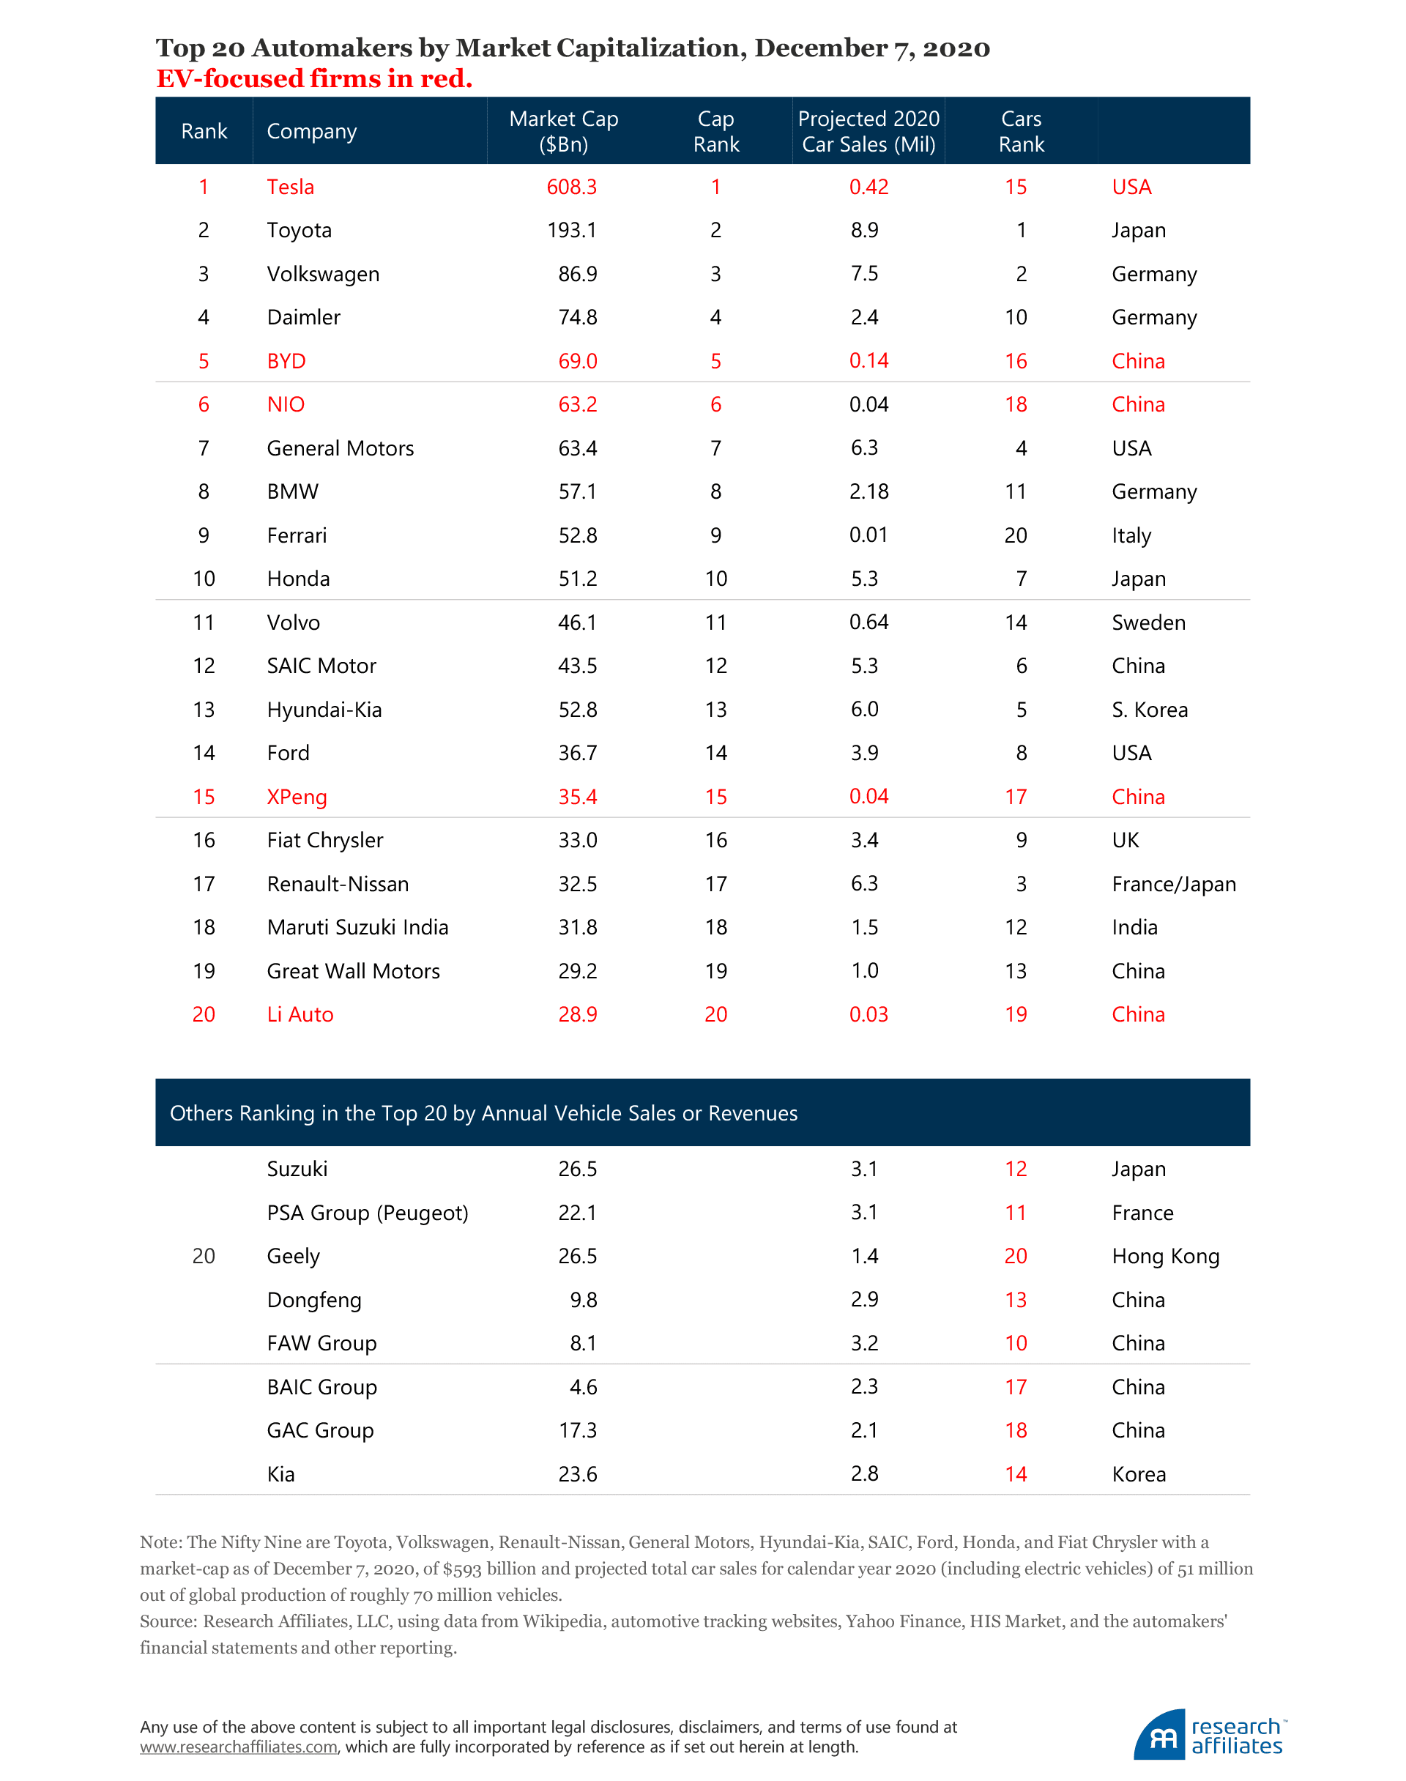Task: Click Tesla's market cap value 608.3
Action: tap(571, 187)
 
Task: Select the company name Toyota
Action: tap(299, 231)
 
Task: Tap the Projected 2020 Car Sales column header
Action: tap(868, 131)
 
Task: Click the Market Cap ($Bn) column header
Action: tap(564, 131)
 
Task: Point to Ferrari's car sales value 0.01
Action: tap(868, 535)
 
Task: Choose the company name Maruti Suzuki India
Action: tap(357, 928)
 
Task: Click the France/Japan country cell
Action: tap(1173, 884)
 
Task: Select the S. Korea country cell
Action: tap(1149, 710)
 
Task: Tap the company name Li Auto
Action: tap(300, 1015)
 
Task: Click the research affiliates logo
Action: tap(1209, 1736)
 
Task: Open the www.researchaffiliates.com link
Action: tap(239, 1747)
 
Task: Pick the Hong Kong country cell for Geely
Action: tap(1165, 1256)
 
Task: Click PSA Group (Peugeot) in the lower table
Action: tap(367, 1213)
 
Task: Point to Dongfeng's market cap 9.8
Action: tap(583, 1301)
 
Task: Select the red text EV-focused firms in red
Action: tap(314, 79)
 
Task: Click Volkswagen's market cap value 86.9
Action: tap(577, 274)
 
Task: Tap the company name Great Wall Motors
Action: tap(353, 971)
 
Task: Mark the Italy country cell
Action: tap(1131, 536)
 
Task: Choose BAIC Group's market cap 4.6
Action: tap(583, 1388)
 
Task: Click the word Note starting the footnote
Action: tap(160, 1542)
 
